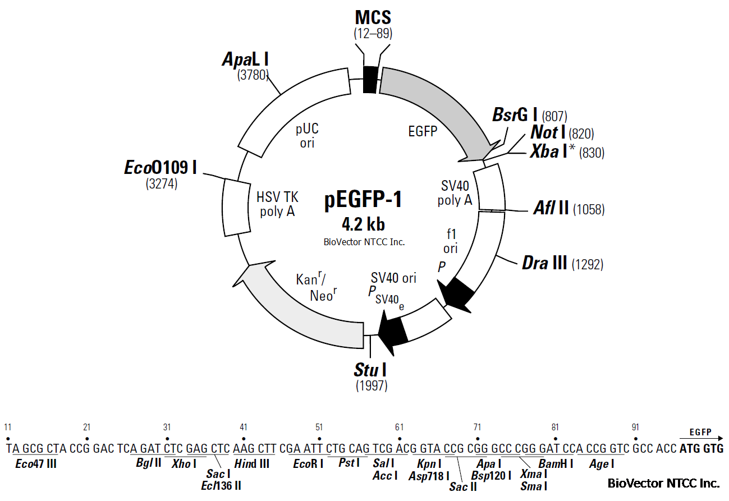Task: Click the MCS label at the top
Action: [x=373, y=17]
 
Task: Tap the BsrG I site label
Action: [x=515, y=116]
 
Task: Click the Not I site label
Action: [x=548, y=133]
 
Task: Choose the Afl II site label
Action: [x=551, y=209]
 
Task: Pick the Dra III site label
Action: [x=544, y=263]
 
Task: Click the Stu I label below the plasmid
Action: [x=370, y=370]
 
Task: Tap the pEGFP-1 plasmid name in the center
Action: [x=363, y=200]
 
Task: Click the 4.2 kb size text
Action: [x=363, y=225]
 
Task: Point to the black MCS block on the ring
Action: [x=369, y=79]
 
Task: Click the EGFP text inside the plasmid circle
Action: [x=423, y=131]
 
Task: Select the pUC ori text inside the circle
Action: [x=307, y=136]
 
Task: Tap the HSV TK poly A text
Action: [x=278, y=204]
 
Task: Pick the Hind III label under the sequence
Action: [x=252, y=464]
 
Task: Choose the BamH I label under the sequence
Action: [x=556, y=464]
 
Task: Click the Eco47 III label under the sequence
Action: [x=36, y=464]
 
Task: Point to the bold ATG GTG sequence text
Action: [x=701, y=448]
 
